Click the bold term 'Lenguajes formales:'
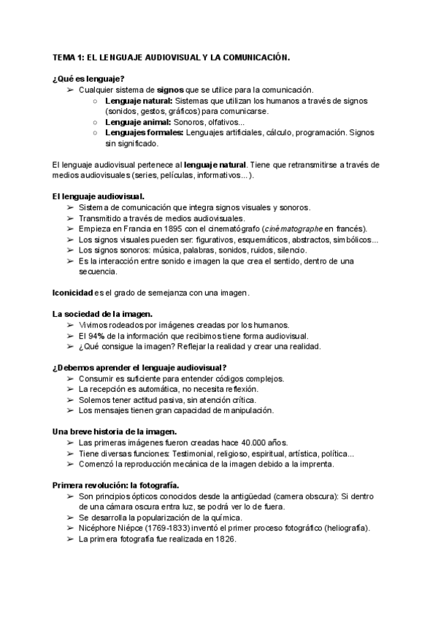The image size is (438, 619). point(142,134)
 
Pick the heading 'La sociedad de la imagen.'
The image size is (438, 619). point(102,314)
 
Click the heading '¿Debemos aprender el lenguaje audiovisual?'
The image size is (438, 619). point(139,367)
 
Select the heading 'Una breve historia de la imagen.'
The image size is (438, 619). point(115,431)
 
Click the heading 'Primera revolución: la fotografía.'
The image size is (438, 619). point(118,485)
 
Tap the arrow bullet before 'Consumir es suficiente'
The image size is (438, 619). point(70,379)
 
